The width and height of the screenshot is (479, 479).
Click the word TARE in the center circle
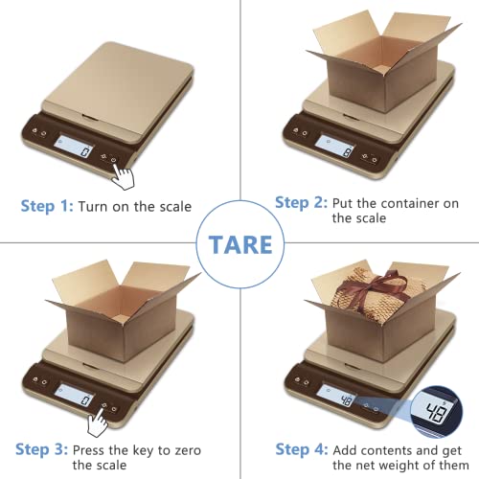pyautogui.click(x=239, y=243)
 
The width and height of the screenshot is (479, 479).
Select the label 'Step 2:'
pyautogui.click(x=300, y=202)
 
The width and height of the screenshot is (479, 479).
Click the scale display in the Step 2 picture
pyautogui.click(x=334, y=141)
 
